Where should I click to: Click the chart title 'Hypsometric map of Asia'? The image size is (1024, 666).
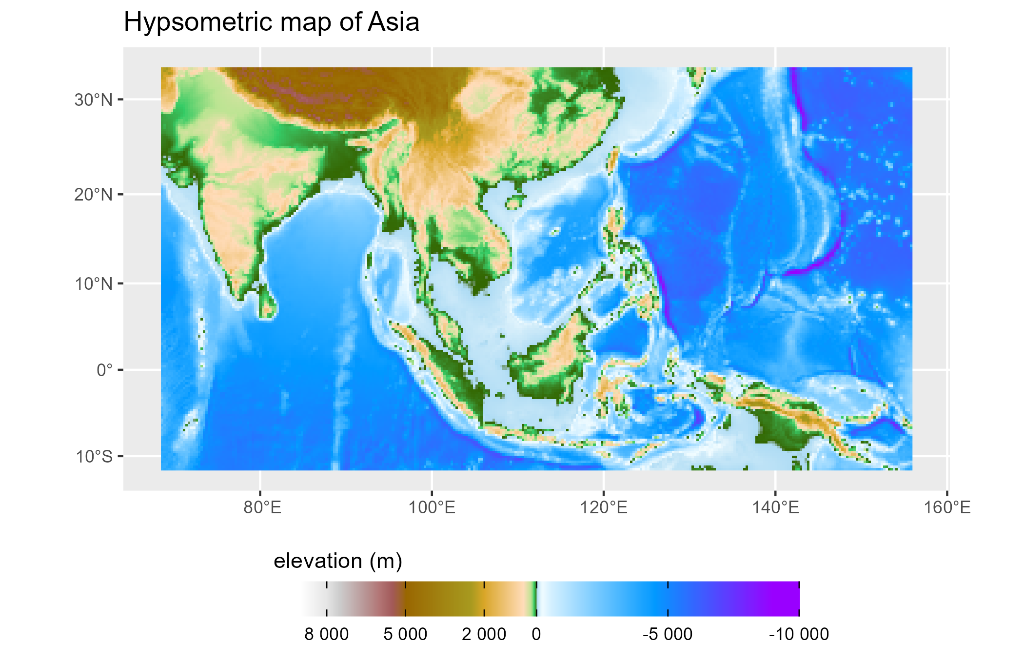(x=272, y=22)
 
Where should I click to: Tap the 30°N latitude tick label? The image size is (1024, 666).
(x=93, y=100)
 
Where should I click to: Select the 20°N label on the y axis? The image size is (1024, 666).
(x=93, y=195)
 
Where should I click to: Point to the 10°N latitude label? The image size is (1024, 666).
(x=93, y=283)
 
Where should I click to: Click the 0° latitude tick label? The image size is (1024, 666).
(x=104, y=370)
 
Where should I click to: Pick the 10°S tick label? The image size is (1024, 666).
(x=94, y=457)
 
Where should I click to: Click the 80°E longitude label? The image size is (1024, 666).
(x=262, y=508)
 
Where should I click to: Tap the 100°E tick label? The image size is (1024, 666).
(x=432, y=508)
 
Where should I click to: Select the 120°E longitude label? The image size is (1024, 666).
(x=604, y=508)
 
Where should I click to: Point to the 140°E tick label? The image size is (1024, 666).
(x=775, y=508)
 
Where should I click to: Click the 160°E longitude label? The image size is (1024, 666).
(x=947, y=508)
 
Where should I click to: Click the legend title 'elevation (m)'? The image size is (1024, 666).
(x=338, y=561)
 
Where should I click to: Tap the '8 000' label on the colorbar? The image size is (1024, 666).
(x=327, y=634)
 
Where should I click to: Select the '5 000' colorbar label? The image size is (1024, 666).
(x=405, y=634)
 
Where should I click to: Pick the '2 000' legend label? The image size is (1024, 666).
(x=484, y=634)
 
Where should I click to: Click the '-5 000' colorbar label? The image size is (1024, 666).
(x=668, y=634)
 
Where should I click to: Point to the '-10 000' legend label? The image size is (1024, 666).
(x=799, y=634)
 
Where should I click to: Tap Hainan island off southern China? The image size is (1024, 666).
(x=514, y=202)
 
